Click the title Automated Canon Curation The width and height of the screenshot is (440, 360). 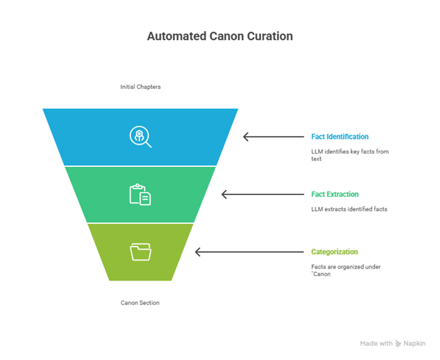coord(219,36)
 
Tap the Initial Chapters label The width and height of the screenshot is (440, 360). coord(140,87)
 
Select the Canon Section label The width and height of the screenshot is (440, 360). coord(140,302)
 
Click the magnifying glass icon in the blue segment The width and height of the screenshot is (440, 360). coord(140,136)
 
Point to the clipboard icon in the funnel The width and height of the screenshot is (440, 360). coord(140,194)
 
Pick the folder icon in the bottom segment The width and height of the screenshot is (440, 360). coord(140,252)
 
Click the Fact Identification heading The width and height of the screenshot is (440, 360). coord(340,137)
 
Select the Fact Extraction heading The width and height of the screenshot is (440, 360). coord(335,194)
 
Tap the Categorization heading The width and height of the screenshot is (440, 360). coord(334,252)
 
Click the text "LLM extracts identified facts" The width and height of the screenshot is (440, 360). coord(349,209)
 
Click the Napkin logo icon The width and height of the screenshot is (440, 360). coord(399,344)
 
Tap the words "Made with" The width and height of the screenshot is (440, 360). coord(376,344)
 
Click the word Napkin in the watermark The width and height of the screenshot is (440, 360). coord(416,344)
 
